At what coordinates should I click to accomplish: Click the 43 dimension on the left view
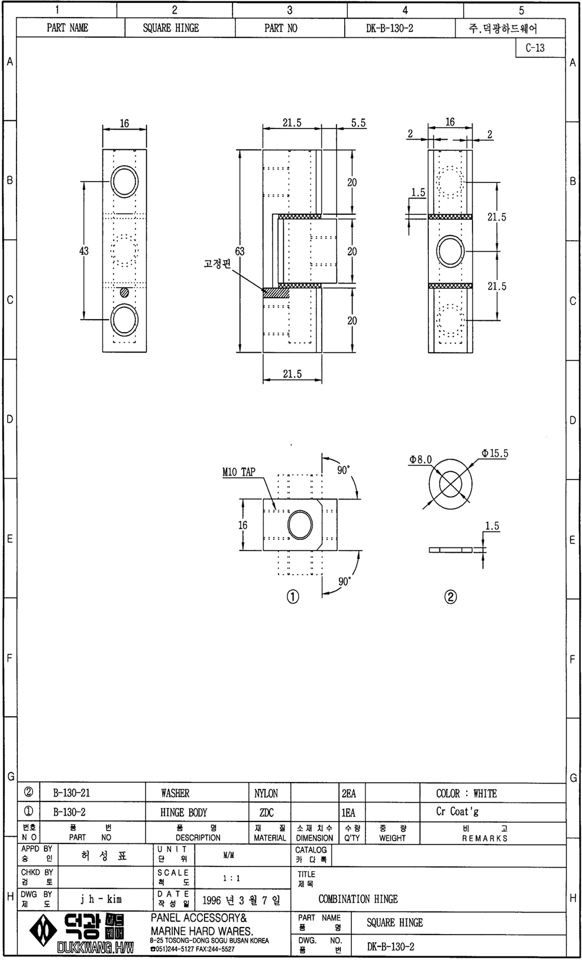pos(84,251)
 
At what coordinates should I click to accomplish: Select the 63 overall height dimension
pos(240,251)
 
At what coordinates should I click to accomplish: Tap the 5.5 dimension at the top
pos(358,123)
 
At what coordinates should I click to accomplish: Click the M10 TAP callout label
pos(238,472)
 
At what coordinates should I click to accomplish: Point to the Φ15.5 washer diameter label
pos(494,453)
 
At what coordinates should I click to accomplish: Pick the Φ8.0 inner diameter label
pos(421,460)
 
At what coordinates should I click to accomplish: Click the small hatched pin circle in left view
pos(124,293)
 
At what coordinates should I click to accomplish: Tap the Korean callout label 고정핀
pos(217,263)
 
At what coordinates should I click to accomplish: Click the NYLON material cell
pos(270,793)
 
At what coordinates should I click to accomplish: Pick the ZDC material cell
pos(270,813)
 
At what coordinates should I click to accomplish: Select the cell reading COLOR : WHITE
pos(467,793)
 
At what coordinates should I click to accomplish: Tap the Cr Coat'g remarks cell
pos(457,811)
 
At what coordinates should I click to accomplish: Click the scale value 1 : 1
pos(231,878)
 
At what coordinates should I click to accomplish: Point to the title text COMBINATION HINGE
pos(358,899)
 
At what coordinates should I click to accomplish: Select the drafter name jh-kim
pos(101,899)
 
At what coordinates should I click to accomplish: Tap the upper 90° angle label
pos(343,470)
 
